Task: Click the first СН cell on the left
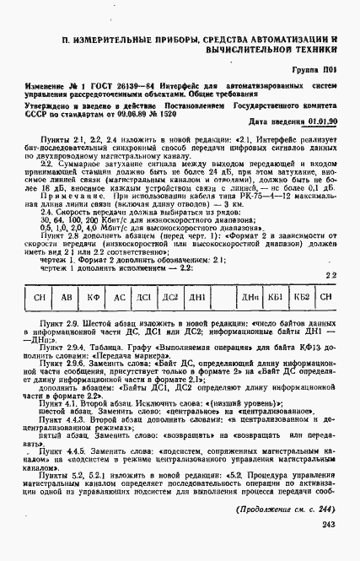click(38, 321)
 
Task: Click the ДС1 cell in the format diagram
click(144, 321)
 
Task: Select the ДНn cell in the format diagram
click(250, 321)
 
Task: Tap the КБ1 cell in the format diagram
click(274, 321)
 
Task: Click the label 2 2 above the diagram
click(331, 298)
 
